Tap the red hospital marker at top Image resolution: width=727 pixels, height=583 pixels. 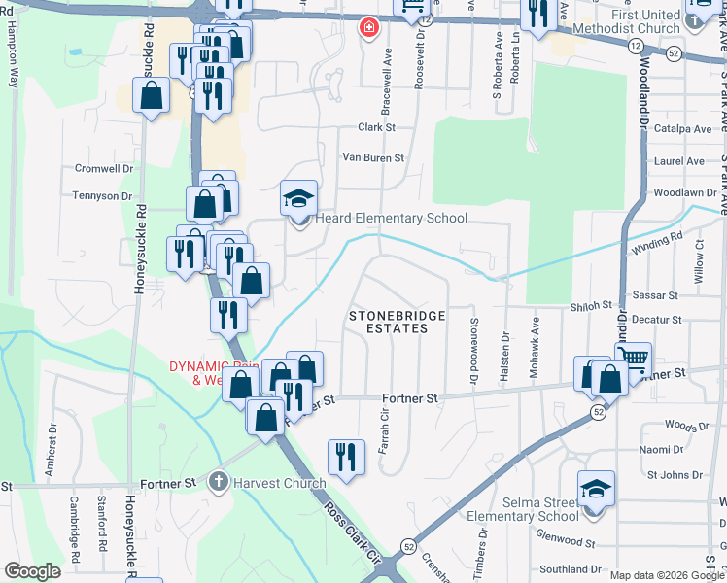[368, 27]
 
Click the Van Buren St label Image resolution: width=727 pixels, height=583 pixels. [372, 157]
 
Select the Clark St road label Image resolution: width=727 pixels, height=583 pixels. [377, 127]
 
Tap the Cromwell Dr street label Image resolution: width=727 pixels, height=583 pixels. [103, 168]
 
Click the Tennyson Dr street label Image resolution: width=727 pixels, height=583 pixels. [101, 195]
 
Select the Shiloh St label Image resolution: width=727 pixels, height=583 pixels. [591, 304]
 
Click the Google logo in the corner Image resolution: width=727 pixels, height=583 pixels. [33, 571]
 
